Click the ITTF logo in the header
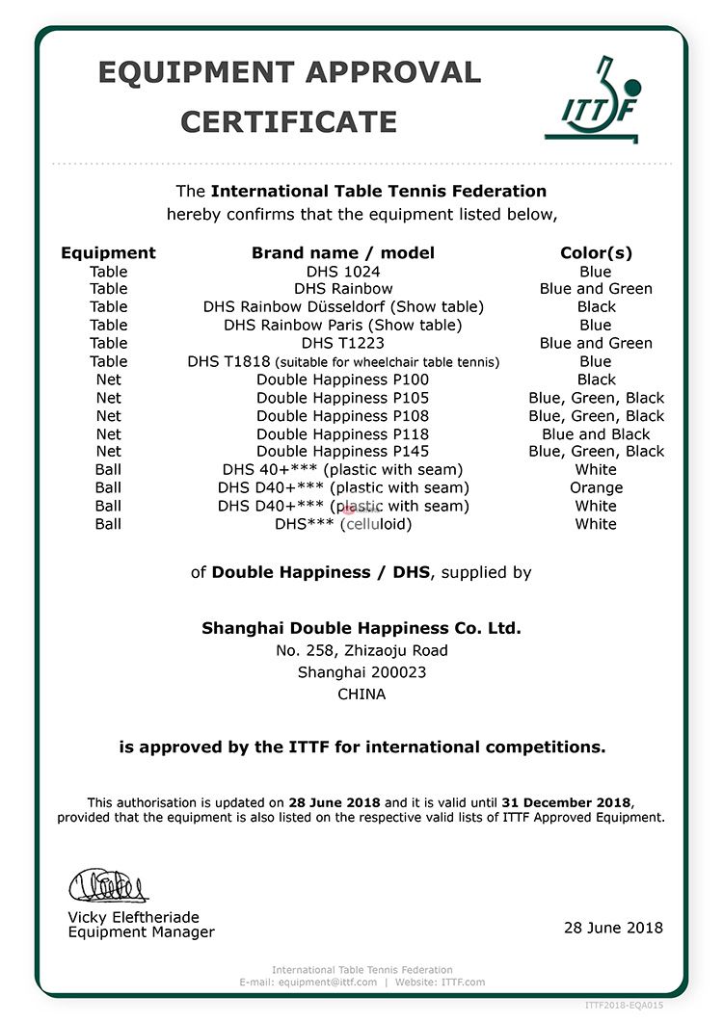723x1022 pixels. point(592,99)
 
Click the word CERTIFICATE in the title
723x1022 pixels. point(288,122)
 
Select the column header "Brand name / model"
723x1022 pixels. point(343,252)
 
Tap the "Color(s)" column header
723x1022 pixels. point(596,252)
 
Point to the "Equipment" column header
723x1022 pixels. point(108,252)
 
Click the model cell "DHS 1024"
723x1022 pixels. point(343,272)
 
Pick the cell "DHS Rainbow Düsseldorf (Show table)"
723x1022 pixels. point(343,306)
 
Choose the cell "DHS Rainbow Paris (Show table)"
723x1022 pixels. point(343,325)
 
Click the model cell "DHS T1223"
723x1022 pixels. point(343,343)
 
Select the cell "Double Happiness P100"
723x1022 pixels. point(343,380)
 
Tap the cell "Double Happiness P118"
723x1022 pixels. point(343,433)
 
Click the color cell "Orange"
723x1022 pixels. point(596,487)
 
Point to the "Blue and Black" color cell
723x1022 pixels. point(596,433)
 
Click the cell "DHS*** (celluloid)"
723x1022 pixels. point(343,524)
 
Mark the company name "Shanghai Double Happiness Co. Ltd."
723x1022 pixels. point(361,628)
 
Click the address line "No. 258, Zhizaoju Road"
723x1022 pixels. point(361,650)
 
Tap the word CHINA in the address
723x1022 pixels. point(361,694)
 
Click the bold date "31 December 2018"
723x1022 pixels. point(567,802)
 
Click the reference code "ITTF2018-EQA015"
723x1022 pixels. point(624,1006)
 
